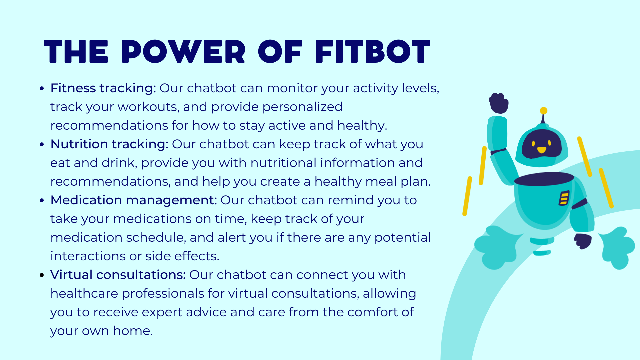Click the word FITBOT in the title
[x=372, y=52]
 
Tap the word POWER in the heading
[x=183, y=52]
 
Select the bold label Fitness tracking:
[x=103, y=88]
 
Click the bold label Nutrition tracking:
[x=109, y=144]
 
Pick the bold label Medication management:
[x=133, y=200]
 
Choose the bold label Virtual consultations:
[x=118, y=275]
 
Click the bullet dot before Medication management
[x=42, y=201]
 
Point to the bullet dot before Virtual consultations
[x=42, y=275]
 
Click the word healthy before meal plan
[x=338, y=182]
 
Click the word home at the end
[x=132, y=331]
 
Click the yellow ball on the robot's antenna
[x=544, y=111]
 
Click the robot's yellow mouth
[x=542, y=150]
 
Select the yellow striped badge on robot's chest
[x=564, y=198]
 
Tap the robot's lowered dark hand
[x=583, y=241]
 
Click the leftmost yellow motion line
[x=467, y=196]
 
